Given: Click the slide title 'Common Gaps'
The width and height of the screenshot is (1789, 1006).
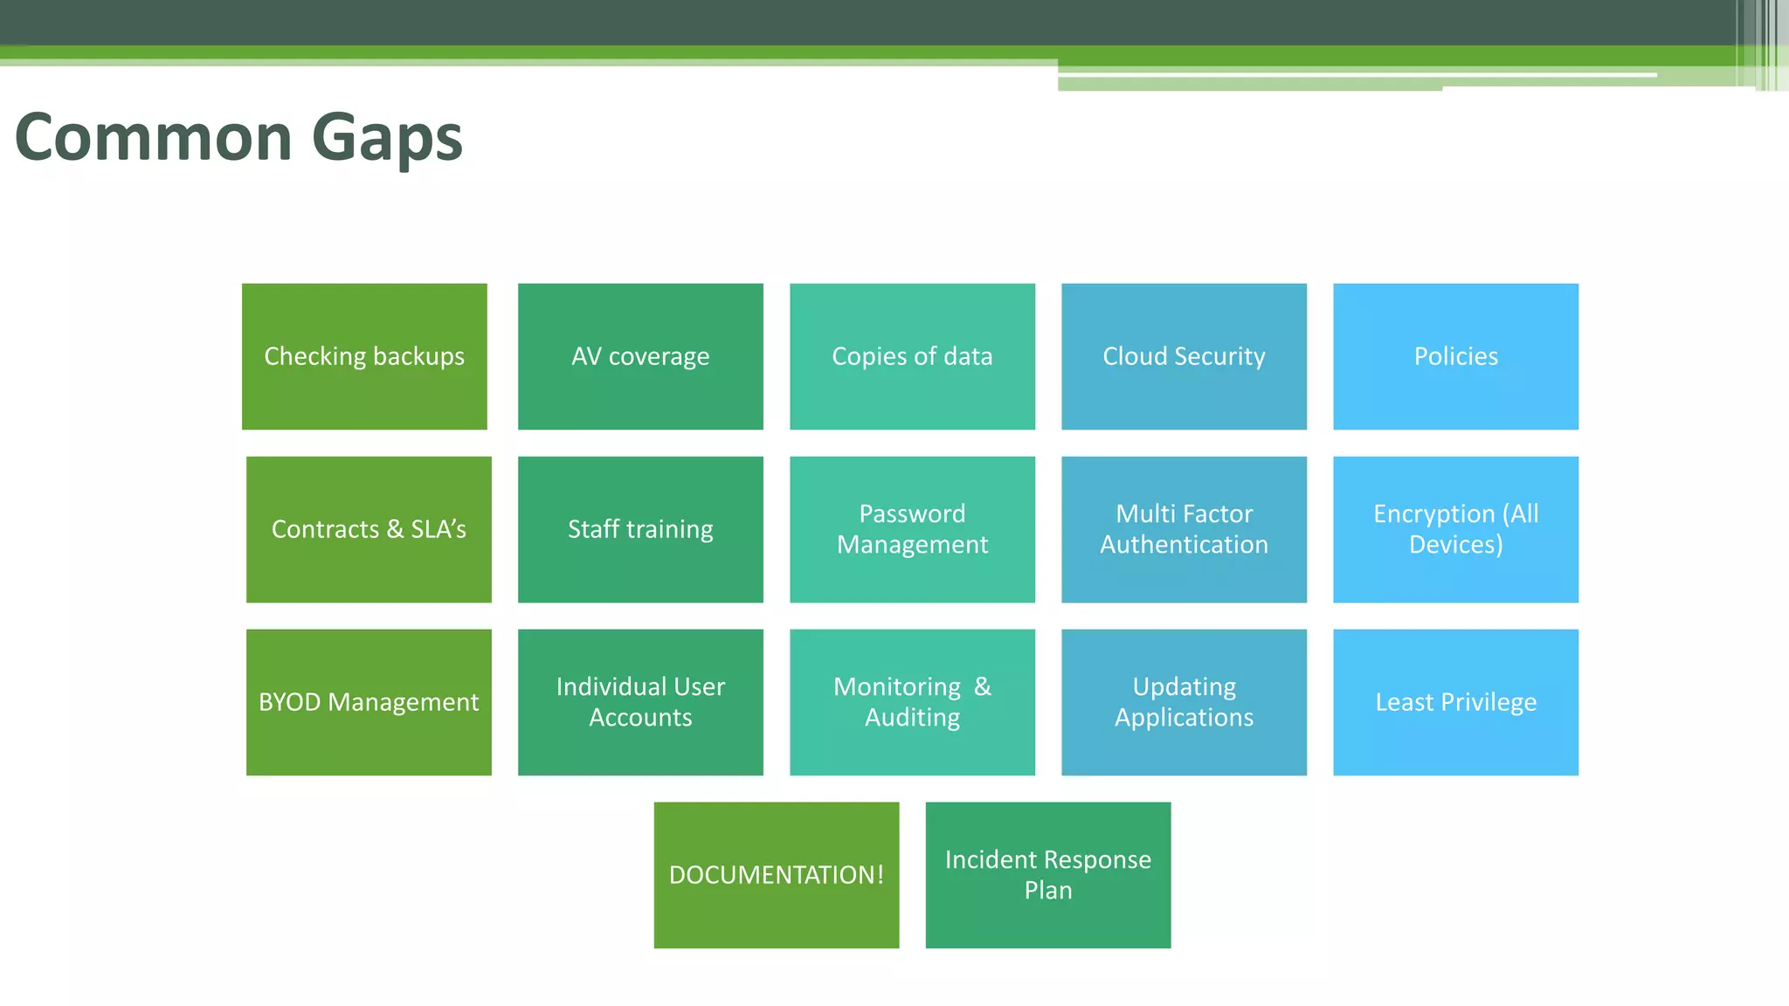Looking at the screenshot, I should point(238,138).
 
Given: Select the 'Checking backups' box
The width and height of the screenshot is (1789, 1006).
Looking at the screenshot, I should point(364,356).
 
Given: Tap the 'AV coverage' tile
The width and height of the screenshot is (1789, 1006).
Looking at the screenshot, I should point(640,356).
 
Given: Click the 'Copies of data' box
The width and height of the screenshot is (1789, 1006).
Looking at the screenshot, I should point(912,356).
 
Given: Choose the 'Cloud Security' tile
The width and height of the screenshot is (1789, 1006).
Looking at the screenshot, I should point(1184,356).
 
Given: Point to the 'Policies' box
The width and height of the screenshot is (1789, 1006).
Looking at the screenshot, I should point(1455,356).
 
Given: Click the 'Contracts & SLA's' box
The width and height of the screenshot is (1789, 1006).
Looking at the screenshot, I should point(369,529).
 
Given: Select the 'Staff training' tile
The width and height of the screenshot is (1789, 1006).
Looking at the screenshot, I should point(640,529).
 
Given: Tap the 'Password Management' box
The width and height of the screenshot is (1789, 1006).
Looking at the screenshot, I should point(912,529).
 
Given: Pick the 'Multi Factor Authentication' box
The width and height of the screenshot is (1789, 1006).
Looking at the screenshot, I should point(1184,529).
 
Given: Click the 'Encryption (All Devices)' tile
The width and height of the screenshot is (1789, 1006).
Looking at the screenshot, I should point(1455,529).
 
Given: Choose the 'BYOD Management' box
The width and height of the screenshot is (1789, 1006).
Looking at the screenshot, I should point(369,702).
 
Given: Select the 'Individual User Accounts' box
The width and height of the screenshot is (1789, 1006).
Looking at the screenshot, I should point(640,702).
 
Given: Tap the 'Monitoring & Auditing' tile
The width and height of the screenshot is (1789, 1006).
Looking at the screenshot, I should point(912,702).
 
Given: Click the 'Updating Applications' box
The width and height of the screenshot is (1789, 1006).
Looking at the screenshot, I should point(1184,702).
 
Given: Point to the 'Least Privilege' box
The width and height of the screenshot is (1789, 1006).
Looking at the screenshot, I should point(1455,702).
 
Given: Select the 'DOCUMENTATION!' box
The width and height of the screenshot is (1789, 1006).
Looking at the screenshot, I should point(777,875).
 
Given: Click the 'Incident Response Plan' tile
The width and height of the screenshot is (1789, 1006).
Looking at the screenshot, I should point(1048,875).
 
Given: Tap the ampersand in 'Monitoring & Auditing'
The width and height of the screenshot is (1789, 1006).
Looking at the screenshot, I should point(983,687).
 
